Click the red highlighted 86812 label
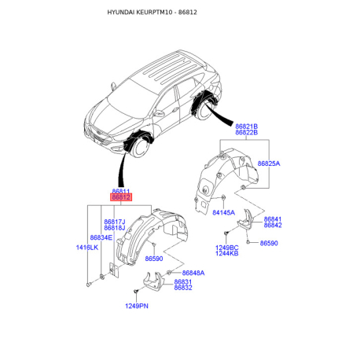pos(121,197)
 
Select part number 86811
pos(121,191)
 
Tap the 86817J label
pos(115,222)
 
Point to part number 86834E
pos(101,237)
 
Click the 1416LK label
pos(87,248)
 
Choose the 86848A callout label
pos(193,273)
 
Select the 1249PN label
pos(137,306)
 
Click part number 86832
pos(183,288)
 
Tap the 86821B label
pos(246,127)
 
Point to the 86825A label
pos(269,163)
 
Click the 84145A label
pos(224,212)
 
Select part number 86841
pos(273,219)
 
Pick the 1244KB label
pos(227,253)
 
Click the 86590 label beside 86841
pos(269,243)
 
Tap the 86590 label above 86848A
pos(154,259)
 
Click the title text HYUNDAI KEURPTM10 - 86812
pos(152,13)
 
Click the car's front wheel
pos(141,147)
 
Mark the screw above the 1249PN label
pos(135,291)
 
